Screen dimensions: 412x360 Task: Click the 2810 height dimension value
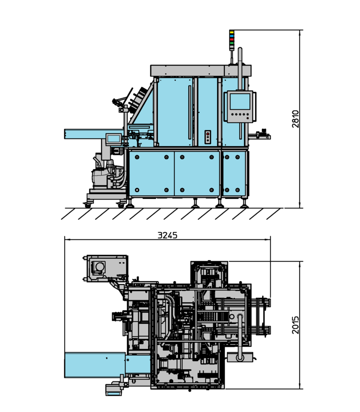[x=296, y=119]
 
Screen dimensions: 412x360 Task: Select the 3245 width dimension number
[x=167, y=235]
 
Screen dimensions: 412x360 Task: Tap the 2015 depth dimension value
[x=296, y=325]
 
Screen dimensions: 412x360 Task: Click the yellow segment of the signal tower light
[x=232, y=32]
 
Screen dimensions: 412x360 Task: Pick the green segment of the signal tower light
[x=232, y=43]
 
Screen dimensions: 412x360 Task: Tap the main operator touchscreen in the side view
[x=240, y=101]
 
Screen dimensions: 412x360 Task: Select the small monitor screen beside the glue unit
[x=113, y=139]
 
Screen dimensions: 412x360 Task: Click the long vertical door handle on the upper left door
[x=189, y=111]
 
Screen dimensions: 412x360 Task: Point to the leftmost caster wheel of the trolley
[x=87, y=205]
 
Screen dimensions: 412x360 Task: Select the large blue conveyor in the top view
[x=95, y=365]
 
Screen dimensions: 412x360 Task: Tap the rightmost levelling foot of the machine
[x=244, y=205]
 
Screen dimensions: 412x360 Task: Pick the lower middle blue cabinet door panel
[x=197, y=173]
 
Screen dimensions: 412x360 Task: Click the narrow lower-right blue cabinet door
[x=234, y=173]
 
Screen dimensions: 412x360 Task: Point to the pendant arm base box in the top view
[x=240, y=357]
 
